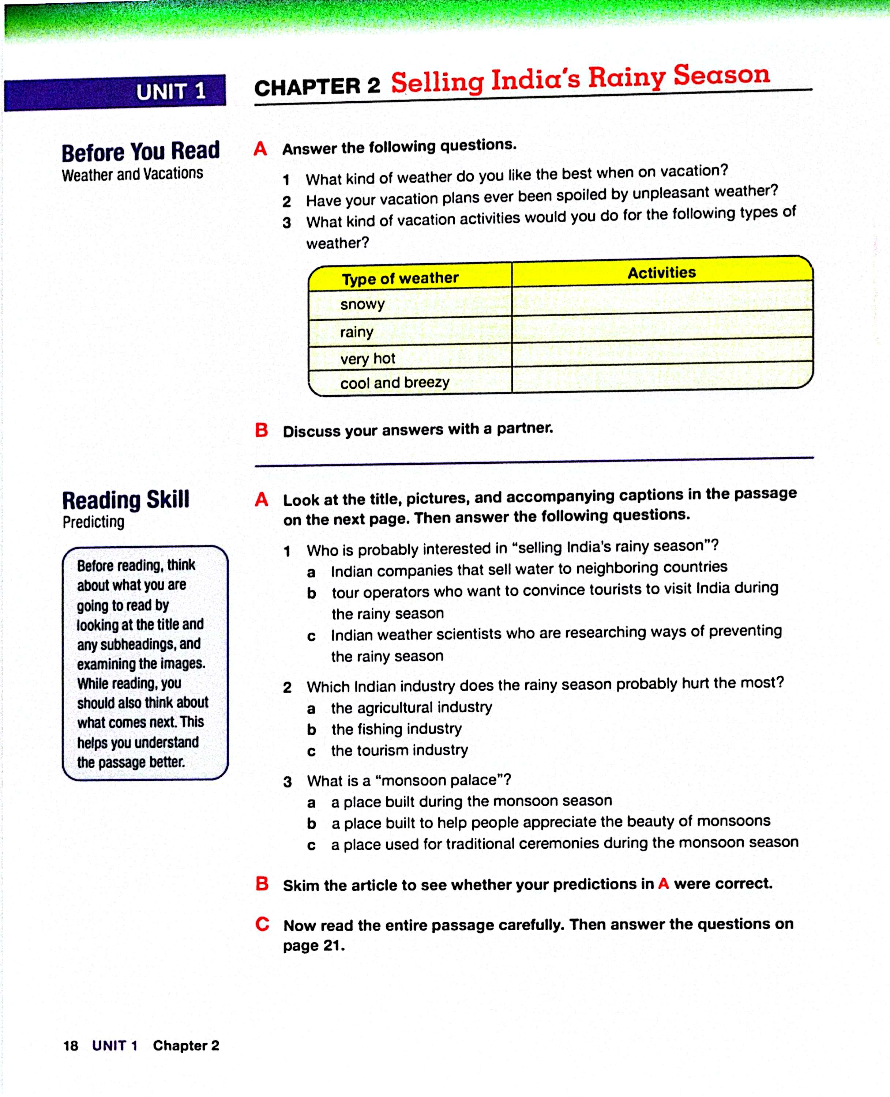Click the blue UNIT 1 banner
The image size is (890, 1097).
115,93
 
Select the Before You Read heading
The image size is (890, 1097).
140,152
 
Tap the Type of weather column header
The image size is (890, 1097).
400,278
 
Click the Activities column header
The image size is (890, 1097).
661,272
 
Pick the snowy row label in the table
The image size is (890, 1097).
362,304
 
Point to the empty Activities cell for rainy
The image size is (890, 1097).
661,327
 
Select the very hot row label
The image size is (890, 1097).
368,359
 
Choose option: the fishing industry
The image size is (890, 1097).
396,729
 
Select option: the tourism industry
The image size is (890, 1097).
399,751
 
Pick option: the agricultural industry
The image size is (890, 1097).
411,708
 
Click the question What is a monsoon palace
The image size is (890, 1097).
409,780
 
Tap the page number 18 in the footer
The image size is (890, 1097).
71,1046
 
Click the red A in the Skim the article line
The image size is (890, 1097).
664,884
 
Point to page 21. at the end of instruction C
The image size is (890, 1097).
314,946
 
